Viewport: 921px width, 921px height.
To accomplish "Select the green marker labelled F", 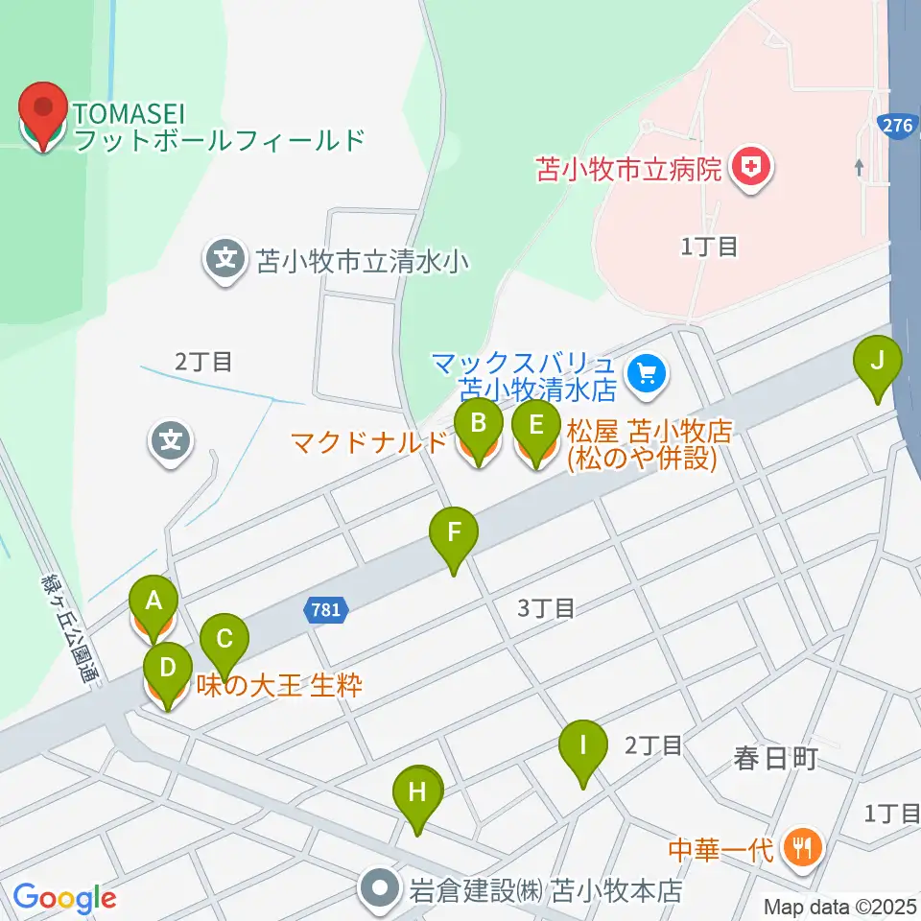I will [454, 533].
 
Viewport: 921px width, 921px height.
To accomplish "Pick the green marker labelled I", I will [583, 746].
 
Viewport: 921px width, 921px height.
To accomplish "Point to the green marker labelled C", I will [224, 640].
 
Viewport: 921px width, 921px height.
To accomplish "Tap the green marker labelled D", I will [167, 669].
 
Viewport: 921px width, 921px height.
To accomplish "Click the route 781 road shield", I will [325, 609].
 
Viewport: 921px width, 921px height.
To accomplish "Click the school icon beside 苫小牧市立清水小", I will [225, 260].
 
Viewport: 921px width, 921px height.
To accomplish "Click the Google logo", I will [65, 898].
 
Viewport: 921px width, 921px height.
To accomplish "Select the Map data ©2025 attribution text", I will [839, 906].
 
